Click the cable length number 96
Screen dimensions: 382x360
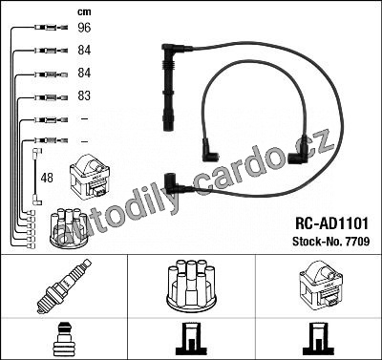tap(84, 28)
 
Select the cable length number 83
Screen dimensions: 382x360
tap(84, 95)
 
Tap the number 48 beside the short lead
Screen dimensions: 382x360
tap(47, 178)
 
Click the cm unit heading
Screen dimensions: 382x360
tap(84, 12)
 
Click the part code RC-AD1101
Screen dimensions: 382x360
tap(331, 223)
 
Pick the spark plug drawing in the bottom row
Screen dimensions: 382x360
tap(64, 286)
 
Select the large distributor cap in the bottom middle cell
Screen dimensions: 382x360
tap(191, 286)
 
